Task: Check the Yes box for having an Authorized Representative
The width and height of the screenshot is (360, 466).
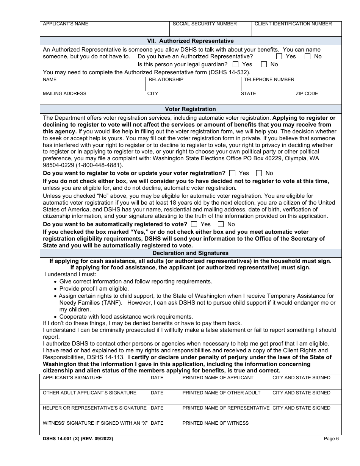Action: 279,56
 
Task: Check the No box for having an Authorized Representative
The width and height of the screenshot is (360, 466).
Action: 307,56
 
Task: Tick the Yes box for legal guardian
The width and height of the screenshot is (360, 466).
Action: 236,64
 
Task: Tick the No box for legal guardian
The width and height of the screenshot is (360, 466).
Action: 264,64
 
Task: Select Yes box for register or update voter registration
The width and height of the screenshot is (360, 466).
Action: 232,173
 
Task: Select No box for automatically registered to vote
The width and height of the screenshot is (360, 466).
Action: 221,224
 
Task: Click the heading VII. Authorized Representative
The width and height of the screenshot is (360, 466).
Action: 190,41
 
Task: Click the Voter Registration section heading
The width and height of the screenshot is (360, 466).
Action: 190,109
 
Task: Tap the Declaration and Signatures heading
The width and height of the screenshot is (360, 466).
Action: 190,253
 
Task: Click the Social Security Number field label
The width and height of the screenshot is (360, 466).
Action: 205,24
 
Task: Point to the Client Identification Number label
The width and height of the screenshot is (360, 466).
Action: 293,24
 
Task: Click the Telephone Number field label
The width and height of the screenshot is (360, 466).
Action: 269,80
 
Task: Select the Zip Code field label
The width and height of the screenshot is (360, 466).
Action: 307,94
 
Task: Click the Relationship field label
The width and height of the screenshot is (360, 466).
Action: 166,80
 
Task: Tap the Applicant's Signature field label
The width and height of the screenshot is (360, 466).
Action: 72,378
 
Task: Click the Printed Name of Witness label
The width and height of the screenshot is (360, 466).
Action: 215,423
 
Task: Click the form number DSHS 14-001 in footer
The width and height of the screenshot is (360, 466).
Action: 78,439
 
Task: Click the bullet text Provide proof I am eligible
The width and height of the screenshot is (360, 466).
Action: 94,289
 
